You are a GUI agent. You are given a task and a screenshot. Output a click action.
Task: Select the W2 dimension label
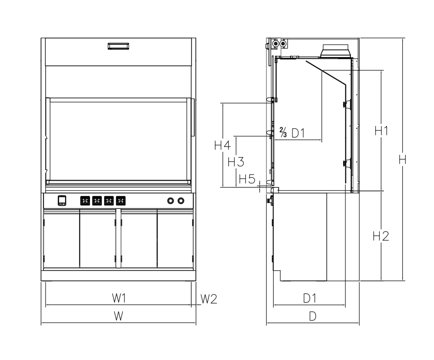click(209, 298)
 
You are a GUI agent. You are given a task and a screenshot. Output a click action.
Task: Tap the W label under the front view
click(118, 316)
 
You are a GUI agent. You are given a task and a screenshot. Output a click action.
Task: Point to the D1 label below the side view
click(309, 298)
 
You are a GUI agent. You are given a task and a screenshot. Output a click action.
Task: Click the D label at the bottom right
click(313, 317)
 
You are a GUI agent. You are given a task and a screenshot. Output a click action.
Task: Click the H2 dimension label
click(381, 237)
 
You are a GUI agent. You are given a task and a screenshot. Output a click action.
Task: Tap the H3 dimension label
click(236, 162)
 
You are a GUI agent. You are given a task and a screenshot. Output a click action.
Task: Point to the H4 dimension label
click(222, 145)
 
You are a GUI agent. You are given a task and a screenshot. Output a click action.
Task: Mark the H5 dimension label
click(247, 179)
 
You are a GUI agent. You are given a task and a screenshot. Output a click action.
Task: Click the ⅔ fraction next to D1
click(283, 133)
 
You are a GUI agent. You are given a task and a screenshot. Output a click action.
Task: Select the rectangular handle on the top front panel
click(119, 46)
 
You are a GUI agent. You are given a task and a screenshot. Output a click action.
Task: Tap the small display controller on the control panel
click(61, 200)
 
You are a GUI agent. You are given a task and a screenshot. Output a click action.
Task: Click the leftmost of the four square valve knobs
click(85, 200)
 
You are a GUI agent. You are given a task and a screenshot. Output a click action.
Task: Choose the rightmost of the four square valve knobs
click(121, 200)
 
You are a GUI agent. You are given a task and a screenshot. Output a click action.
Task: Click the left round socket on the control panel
click(170, 200)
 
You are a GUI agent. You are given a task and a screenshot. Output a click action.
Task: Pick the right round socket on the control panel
click(181, 200)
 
